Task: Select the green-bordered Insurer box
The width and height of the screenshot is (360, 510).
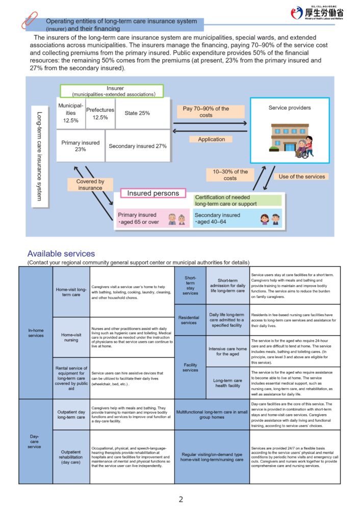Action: pyautogui.click(x=112, y=91)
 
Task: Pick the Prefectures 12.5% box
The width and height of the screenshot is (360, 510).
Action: pyautogui.click(x=100, y=113)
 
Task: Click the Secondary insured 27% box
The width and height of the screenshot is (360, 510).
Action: pyautogui.click(x=137, y=146)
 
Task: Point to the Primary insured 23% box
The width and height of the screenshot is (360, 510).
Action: pyautogui.click(x=81, y=146)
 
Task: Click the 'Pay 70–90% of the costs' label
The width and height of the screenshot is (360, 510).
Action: pyautogui.click(x=206, y=112)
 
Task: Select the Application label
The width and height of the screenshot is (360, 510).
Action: pyautogui.click(x=211, y=139)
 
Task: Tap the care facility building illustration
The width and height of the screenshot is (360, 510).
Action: pyautogui.click(x=290, y=140)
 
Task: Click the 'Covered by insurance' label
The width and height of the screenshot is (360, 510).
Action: pyautogui.click(x=90, y=185)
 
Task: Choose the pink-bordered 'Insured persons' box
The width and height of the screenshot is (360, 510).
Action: pyautogui.click(x=153, y=193)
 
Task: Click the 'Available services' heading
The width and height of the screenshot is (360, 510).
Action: pyautogui.click(x=61, y=253)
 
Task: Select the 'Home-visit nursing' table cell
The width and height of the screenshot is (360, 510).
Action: pyautogui.click(x=71, y=337)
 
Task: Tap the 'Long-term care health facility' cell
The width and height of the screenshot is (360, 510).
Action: pyautogui.click(x=227, y=383)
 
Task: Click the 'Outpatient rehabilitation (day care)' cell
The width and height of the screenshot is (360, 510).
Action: pyautogui.click(x=71, y=457)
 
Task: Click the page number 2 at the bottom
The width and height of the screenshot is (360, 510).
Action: pyautogui.click(x=180, y=499)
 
